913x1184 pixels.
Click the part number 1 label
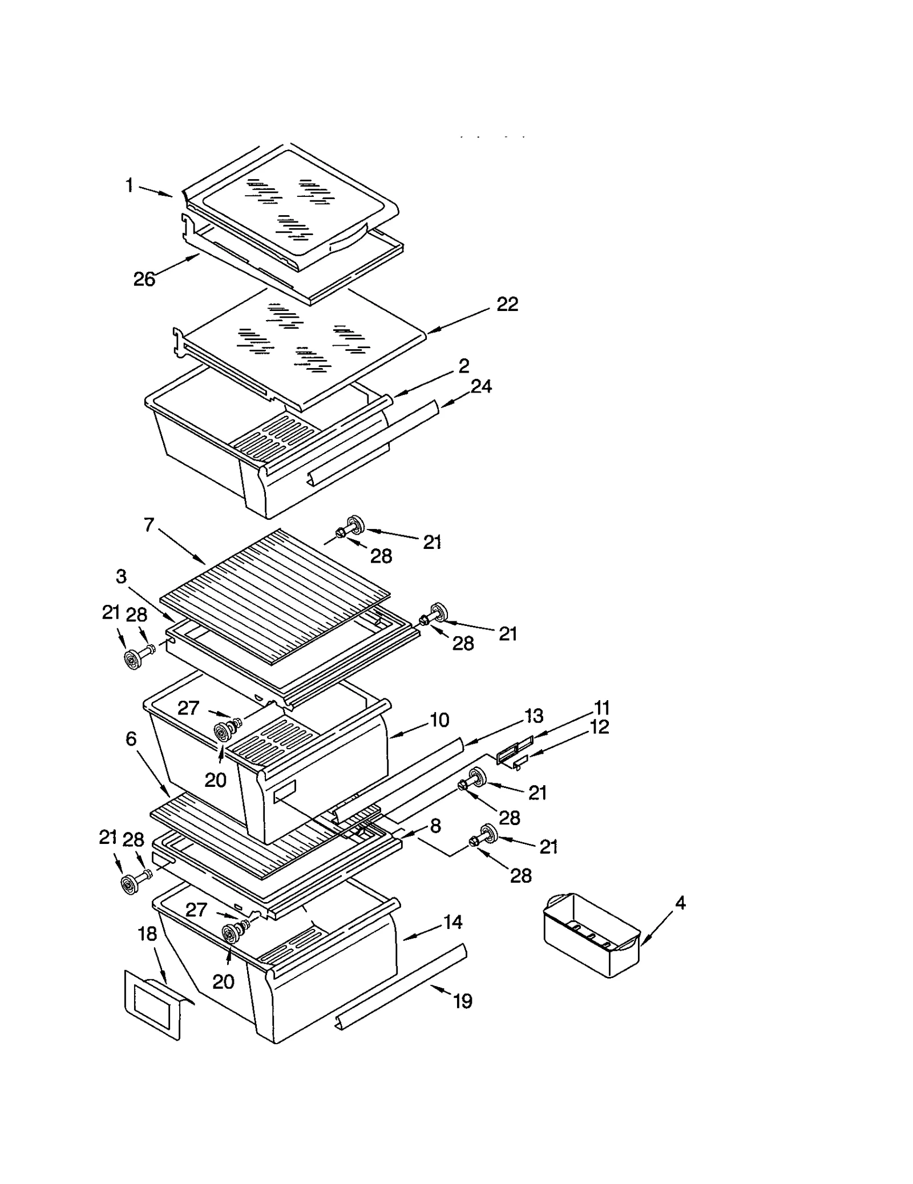[x=130, y=185]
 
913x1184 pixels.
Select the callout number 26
[x=144, y=280]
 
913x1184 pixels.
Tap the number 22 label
[x=507, y=305]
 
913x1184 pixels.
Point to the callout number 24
[x=481, y=387]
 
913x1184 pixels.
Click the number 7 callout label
[x=149, y=525]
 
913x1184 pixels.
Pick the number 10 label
[x=439, y=720]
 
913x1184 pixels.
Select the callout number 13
[x=534, y=716]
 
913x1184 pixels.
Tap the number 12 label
[x=600, y=727]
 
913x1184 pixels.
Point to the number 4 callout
[x=680, y=903]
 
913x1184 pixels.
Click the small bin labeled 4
[x=591, y=936]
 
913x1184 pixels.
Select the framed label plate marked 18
[x=152, y=1007]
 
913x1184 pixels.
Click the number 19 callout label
[x=463, y=1001]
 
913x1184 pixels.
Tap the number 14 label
[x=453, y=922]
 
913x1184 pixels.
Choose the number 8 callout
[x=435, y=826]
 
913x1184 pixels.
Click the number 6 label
[x=131, y=739]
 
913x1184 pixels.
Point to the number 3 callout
[x=121, y=576]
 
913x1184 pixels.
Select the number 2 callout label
[x=464, y=366]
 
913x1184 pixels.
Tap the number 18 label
[x=147, y=934]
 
